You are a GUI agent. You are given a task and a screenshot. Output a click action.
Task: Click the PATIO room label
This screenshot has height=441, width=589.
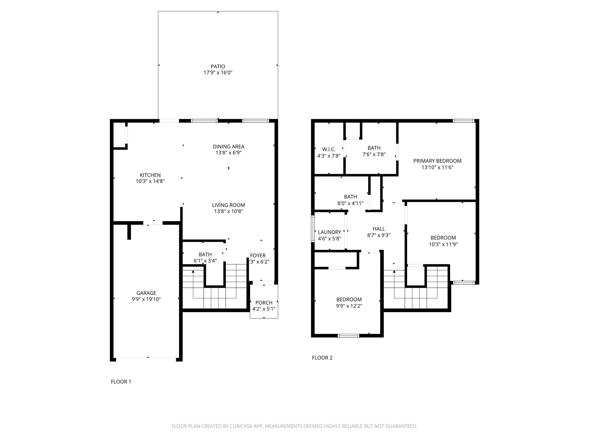[218, 67]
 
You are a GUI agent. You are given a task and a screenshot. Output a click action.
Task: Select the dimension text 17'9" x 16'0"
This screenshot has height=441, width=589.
[218, 73]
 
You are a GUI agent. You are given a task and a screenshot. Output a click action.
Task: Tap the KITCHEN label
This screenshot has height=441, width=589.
[150, 175]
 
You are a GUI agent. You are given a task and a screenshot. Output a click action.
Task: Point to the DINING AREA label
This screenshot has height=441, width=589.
[228, 147]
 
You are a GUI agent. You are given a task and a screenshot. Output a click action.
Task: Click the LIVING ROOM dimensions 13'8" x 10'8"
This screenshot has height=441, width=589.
[228, 212]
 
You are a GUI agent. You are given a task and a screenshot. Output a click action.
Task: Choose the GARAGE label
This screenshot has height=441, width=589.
[146, 293]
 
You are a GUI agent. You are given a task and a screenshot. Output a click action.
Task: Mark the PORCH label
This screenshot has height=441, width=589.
[264, 303]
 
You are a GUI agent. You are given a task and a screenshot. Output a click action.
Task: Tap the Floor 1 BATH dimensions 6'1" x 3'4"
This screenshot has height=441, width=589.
[205, 261]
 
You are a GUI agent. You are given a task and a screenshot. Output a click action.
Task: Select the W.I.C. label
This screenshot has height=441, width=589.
[329, 150]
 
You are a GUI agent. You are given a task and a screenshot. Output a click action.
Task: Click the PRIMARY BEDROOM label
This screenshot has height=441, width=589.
[437, 161]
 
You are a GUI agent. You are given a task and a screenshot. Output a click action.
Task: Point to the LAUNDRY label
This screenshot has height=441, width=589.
[330, 232]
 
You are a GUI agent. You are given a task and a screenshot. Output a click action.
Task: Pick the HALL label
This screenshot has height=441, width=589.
[378, 229]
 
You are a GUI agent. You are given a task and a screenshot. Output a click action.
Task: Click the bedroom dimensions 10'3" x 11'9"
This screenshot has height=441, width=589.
[443, 244]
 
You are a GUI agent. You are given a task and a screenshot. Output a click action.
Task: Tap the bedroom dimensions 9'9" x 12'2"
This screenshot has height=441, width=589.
[349, 306]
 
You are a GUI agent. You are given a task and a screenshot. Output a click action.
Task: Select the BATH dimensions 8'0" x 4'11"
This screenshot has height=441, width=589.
[350, 203]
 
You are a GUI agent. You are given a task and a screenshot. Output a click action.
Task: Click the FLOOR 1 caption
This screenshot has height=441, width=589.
[121, 382]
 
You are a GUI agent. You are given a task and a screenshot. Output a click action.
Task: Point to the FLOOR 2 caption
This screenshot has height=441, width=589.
[322, 358]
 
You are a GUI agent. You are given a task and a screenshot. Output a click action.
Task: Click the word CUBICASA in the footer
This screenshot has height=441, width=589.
[241, 426]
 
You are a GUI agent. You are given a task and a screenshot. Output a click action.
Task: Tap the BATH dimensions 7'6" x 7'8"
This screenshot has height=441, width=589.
[374, 154]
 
